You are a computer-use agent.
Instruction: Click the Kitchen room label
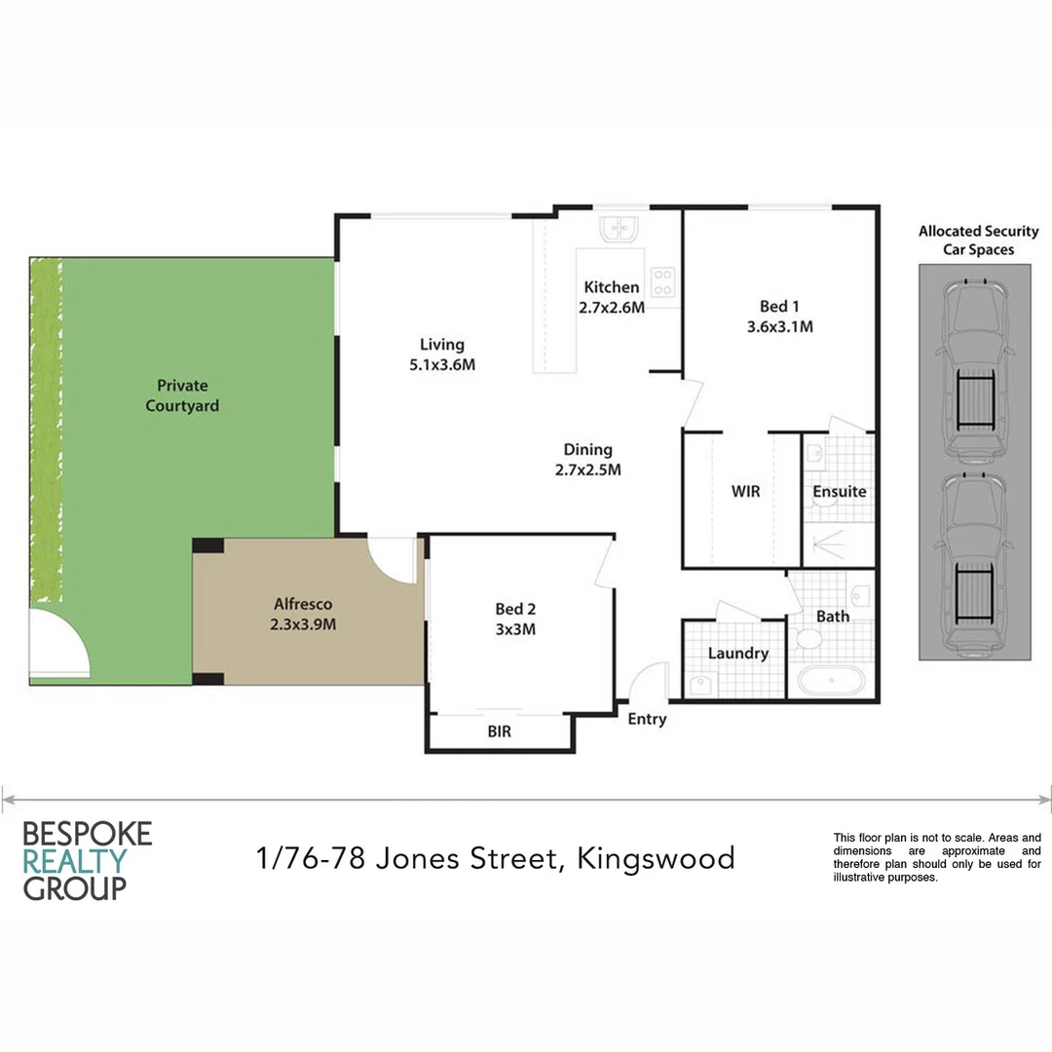612,287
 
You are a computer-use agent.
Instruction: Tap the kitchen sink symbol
619,229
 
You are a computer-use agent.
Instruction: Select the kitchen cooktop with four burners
664,282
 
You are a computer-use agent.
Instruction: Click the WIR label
745,492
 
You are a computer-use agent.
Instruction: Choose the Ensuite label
839,492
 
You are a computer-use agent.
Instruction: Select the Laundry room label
737,654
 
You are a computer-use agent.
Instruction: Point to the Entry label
648,720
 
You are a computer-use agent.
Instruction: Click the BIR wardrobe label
499,731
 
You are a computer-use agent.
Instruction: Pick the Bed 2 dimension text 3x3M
515,630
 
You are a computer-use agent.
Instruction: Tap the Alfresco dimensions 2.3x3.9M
304,624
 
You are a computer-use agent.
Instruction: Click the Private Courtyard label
182,395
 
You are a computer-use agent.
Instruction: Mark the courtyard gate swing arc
60,644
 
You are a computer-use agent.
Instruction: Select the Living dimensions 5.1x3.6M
442,365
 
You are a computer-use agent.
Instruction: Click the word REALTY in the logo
75,861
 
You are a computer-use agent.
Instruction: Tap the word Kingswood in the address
656,859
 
